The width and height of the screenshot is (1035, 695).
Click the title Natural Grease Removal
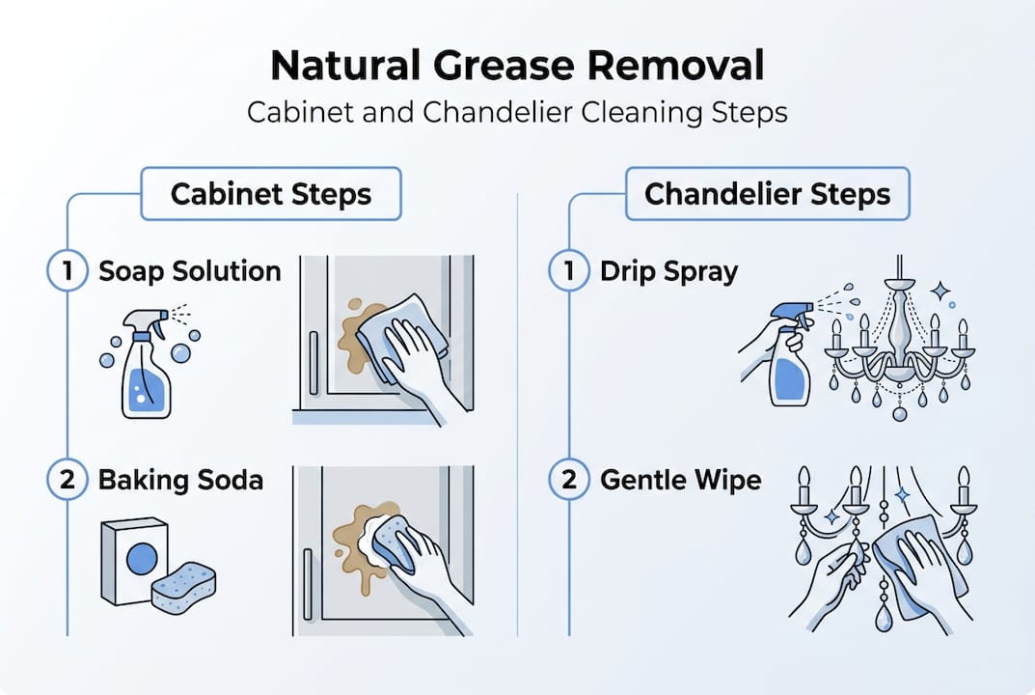[517, 67]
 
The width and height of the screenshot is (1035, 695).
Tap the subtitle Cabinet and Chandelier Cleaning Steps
[517, 111]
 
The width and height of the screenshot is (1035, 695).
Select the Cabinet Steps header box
[271, 194]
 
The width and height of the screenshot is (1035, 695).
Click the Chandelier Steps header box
[768, 194]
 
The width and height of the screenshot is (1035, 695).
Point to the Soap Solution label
[190, 271]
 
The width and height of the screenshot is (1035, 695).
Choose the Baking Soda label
[180, 480]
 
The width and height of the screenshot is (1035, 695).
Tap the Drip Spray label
[668, 271]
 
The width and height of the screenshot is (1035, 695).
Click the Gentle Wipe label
[680, 480]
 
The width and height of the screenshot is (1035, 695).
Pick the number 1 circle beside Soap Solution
[67, 271]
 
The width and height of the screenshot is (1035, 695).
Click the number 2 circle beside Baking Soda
[67, 480]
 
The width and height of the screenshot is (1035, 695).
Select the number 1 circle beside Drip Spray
[568, 271]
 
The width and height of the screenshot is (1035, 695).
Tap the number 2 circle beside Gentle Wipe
[568, 480]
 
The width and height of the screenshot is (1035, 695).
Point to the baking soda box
[136, 560]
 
